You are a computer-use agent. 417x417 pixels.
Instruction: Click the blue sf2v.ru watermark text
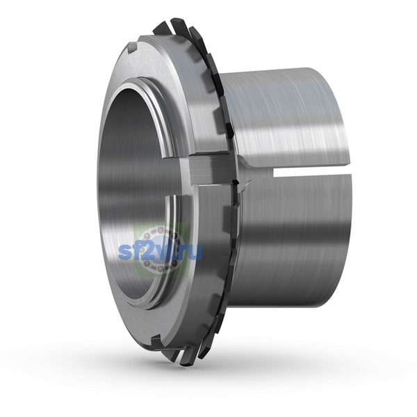point(160,252)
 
